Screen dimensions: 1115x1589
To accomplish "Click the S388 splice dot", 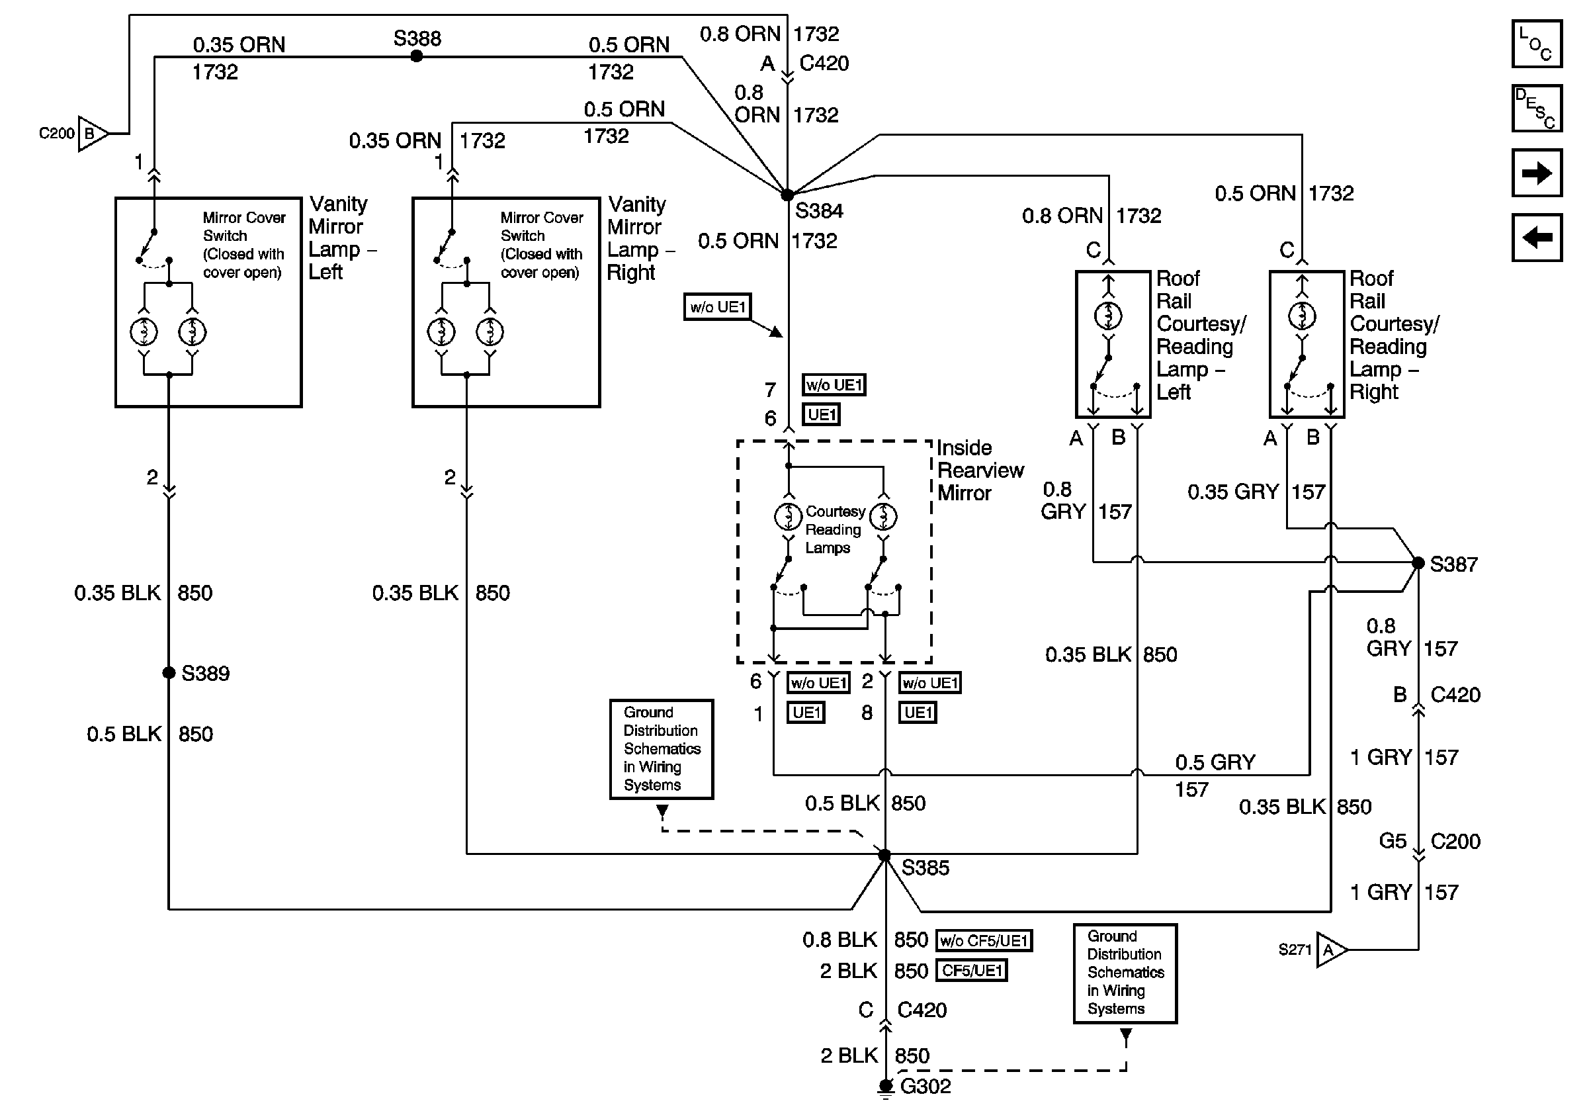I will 417,57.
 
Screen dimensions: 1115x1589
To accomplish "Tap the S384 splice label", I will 819,211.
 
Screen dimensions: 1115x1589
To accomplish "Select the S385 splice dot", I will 884,856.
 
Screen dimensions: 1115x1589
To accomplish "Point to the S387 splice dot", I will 1418,563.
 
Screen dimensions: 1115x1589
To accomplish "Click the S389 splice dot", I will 168,673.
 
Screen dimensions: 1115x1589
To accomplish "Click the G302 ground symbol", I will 885,1087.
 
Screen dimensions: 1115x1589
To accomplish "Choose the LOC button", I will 1536,44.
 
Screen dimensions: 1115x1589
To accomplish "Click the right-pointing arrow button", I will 1536,173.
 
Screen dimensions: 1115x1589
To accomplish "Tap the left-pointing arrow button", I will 1536,238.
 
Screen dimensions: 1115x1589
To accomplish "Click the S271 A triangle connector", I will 1330,950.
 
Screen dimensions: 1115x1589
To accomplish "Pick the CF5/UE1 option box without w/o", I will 972,970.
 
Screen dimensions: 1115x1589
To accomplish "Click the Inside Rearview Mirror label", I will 978,470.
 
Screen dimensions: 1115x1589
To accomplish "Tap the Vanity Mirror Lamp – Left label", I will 339,238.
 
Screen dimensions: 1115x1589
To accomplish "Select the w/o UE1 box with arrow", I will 717,307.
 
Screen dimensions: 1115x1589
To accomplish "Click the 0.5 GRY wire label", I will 1215,763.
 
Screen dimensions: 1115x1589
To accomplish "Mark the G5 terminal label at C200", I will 1393,841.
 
